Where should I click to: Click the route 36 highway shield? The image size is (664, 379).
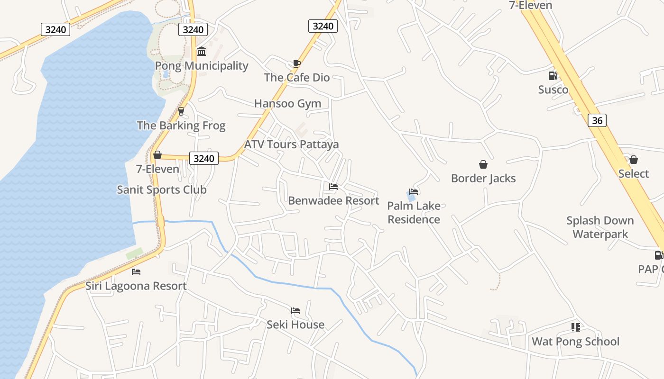597,120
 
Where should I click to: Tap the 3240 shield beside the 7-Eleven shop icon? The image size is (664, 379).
204,158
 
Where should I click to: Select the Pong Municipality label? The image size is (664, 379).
202,66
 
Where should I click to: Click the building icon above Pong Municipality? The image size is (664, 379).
202,51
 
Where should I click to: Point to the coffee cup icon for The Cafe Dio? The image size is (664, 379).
297,63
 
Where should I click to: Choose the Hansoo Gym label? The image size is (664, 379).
287,103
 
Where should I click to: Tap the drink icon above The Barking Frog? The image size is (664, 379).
181,111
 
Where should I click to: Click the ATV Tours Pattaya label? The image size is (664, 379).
291,144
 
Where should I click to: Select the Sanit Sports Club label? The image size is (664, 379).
162,189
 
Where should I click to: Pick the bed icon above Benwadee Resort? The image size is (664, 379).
333,187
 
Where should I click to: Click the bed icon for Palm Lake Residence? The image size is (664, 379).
414,192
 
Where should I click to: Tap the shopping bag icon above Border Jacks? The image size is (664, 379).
483,164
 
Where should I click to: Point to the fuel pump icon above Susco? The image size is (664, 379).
553,76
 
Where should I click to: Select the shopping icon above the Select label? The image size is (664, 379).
634,160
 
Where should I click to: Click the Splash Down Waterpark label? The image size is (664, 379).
600,227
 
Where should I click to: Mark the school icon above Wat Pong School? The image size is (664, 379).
575,327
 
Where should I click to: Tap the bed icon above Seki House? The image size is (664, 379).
295,311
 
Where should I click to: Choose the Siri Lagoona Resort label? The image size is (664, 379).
136,286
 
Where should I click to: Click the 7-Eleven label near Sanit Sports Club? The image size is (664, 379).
157,169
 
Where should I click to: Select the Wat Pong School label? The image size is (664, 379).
575,342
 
